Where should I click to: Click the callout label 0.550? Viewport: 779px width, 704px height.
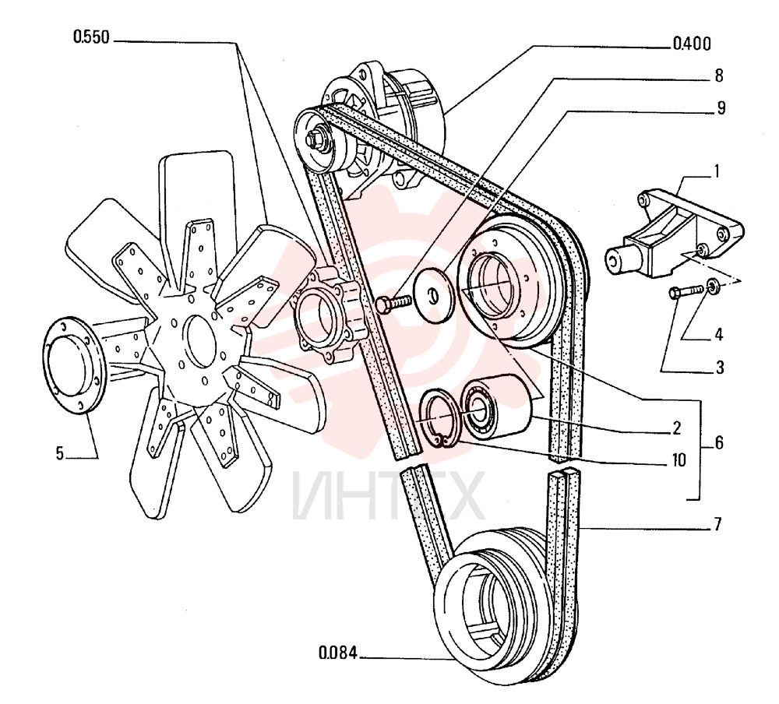coord(91,37)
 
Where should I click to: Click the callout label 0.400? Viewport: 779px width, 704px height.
coord(692,44)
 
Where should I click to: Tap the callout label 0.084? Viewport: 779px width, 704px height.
coord(338,653)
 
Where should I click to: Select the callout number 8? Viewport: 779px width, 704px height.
coord(719,76)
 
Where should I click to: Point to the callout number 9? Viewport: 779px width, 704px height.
coord(721,107)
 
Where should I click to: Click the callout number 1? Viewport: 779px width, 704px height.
coord(717,172)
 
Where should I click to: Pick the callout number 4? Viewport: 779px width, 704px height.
coord(718,335)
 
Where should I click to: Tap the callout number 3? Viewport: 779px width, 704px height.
coord(719,368)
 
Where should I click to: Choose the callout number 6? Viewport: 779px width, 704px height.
coord(719,442)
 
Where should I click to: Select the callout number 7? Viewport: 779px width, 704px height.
coord(717,524)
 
